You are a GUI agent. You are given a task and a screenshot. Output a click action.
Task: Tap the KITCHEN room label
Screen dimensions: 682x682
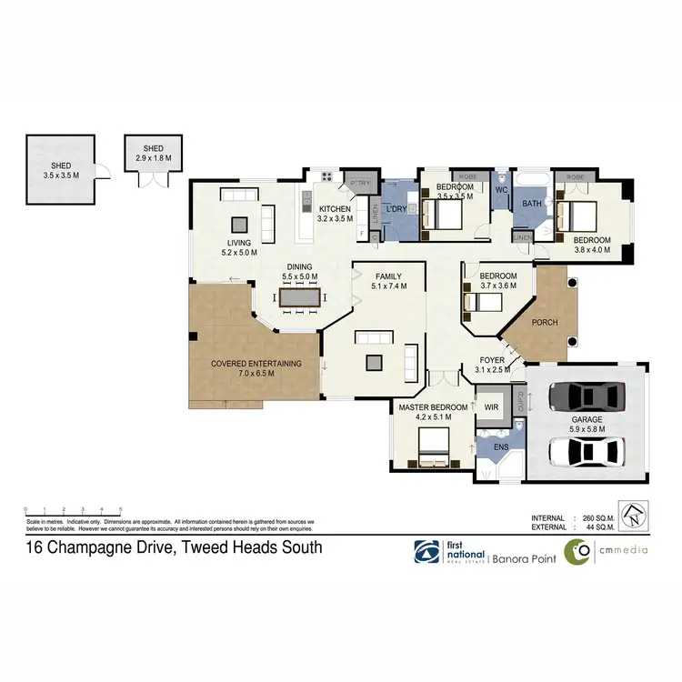pyautogui.click(x=334, y=209)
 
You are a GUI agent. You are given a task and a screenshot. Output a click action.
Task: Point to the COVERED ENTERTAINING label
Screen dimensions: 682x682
pyautogui.click(x=256, y=363)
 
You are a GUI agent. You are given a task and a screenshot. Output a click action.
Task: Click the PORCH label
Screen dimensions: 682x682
pyautogui.click(x=544, y=322)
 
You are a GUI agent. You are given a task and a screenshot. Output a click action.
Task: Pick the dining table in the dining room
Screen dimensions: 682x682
pyautogui.click(x=299, y=296)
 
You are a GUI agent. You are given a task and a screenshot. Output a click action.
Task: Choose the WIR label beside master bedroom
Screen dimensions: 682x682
pyautogui.click(x=493, y=406)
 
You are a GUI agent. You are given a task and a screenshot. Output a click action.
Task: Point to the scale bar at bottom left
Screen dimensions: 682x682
pyautogui.click(x=73, y=510)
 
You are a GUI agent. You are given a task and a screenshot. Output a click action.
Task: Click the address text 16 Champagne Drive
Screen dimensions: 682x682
pyautogui.click(x=173, y=547)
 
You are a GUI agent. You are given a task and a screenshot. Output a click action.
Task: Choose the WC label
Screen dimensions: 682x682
pyautogui.click(x=500, y=191)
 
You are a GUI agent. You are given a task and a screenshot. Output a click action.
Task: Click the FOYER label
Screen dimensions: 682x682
pyautogui.click(x=492, y=360)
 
